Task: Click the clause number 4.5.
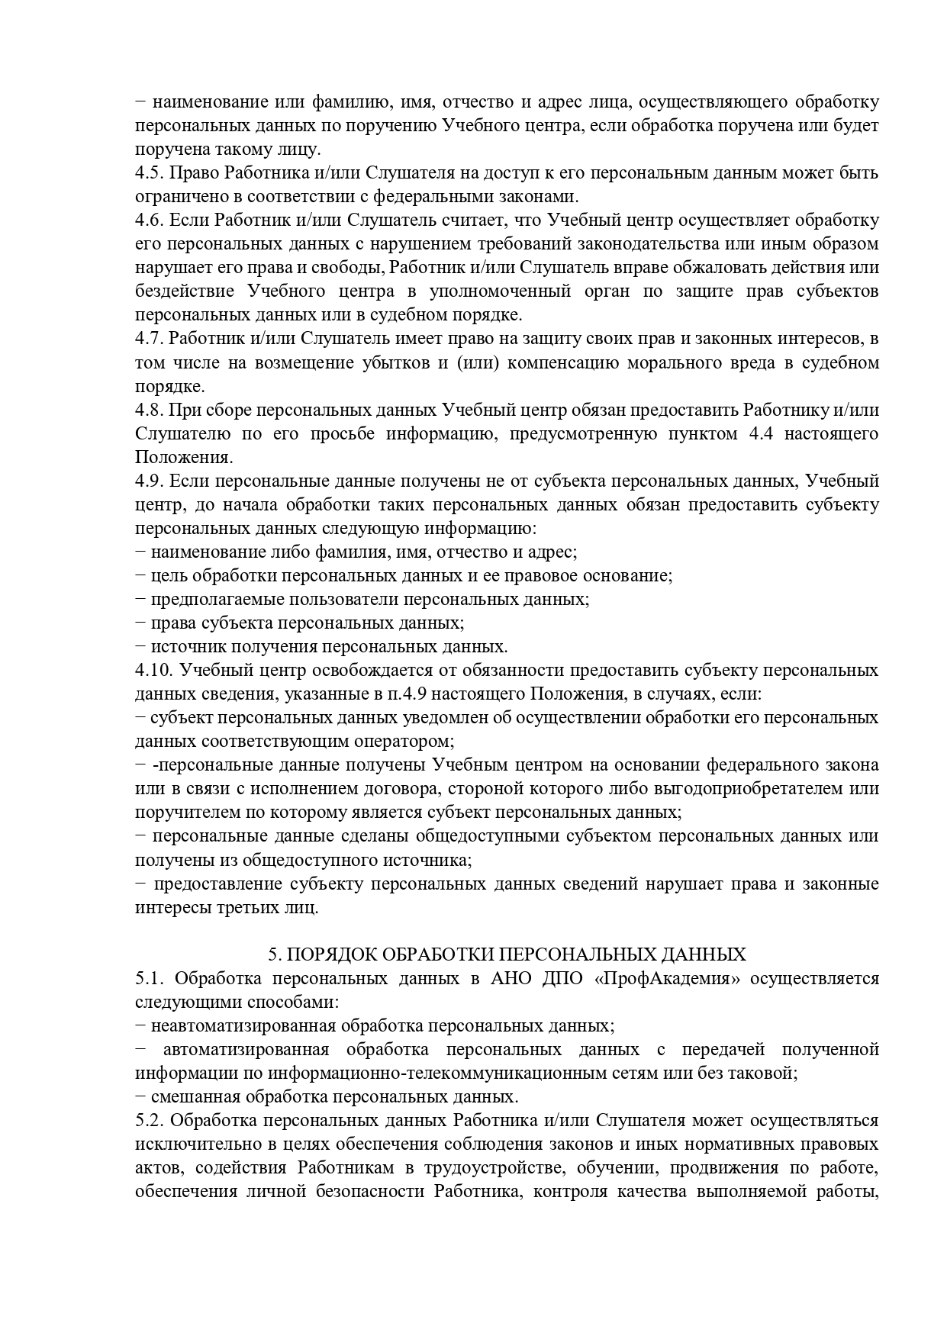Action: click(x=148, y=173)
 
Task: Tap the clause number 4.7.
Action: click(x=148, y=339)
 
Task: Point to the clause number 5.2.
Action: click(x=148, y=1121)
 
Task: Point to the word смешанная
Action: click(x=189, y=1097)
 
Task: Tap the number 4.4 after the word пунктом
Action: click(x=752, y=434)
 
